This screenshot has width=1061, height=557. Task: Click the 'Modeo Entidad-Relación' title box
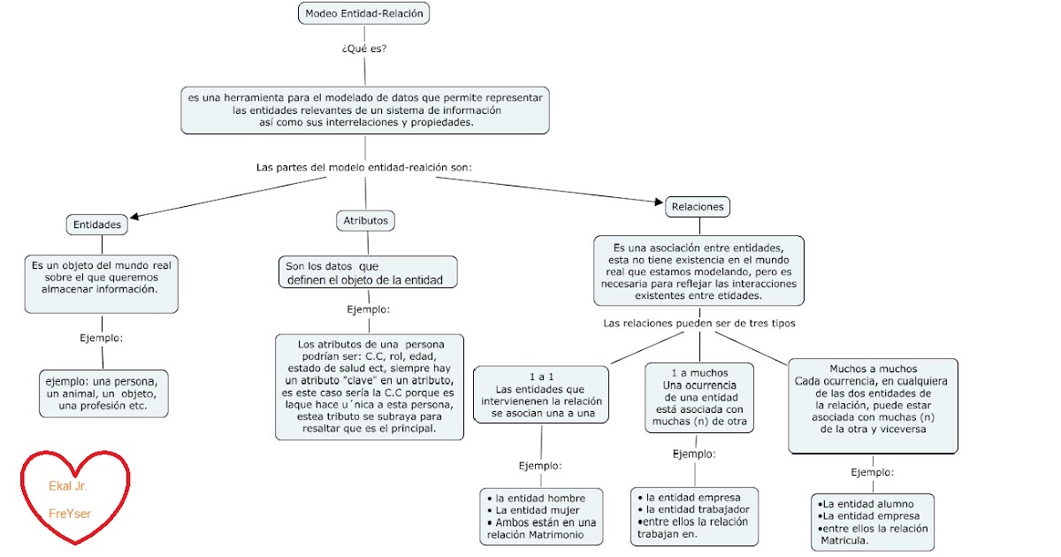363,13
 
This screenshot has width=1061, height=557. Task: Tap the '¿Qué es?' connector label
363,49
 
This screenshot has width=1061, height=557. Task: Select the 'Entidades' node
96,225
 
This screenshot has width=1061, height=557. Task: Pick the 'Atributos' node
366,220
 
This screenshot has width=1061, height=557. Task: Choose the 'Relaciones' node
698,207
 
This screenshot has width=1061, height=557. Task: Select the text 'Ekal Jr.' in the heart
68,486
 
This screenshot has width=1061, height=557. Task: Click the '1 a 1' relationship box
539,394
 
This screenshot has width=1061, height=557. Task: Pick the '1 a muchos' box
698,397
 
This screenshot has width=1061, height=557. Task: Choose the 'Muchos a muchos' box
873,405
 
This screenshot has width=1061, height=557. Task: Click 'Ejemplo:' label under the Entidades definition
101,338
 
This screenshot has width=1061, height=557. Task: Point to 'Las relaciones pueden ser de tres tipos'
698,324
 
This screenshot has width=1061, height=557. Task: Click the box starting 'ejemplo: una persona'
103,393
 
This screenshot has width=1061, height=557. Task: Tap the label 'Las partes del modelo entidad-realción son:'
363,166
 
